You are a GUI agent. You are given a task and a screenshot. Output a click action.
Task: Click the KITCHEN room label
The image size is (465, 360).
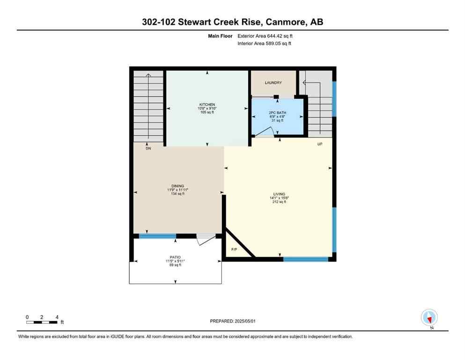click(207, 105)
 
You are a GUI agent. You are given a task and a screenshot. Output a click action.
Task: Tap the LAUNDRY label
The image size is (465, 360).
click(273, 83)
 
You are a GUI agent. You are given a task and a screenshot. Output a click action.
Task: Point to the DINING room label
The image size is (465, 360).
click(177, 186)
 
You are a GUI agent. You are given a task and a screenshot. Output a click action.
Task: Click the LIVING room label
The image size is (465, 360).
click(279, 194)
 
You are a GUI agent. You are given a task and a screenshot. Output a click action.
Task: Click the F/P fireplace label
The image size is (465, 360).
click(234, 249)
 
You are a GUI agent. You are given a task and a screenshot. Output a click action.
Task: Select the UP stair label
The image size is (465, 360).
click(320, 144)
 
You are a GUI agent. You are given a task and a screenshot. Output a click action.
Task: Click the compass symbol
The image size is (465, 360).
click(429, 317)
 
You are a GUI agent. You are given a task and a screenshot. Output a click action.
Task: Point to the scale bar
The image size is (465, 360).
click(42, 322)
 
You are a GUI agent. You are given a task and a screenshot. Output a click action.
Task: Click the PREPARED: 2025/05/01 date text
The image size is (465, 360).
click(232, 321)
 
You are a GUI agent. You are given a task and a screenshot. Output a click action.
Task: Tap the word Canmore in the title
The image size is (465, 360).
click(284, 22)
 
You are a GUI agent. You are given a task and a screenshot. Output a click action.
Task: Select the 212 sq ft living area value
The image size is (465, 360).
click(279, 202)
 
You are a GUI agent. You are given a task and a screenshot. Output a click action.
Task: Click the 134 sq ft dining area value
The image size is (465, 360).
click(177, 194)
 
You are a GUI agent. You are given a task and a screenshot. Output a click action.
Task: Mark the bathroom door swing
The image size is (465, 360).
click(263, 134)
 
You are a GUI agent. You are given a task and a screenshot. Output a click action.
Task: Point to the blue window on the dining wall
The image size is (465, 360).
click(157, 236)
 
